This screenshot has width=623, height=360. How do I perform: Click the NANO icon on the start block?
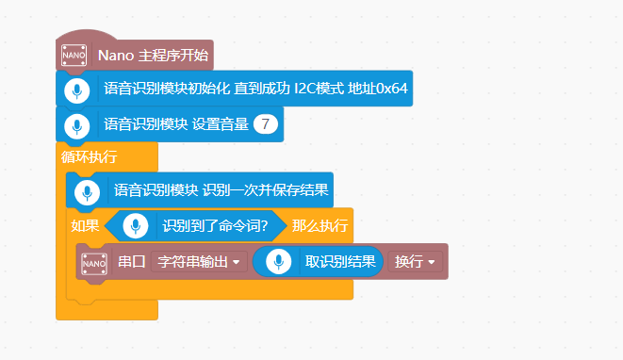[x=74, y=55]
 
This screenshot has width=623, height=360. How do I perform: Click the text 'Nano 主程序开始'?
[x=153, y=55]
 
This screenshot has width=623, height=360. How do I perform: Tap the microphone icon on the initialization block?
[x=76, y=90]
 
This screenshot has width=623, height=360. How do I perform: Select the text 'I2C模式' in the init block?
[x=321, y=90]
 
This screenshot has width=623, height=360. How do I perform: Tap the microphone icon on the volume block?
[x=76, y=124]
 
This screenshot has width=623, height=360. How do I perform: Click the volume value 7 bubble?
[x=266, y=123]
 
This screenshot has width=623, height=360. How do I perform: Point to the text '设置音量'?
[x=221, y=123]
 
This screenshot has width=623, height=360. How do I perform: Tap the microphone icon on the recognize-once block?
[x=87, y=190]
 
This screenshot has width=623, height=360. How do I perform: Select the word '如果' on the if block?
[x=84, y=226]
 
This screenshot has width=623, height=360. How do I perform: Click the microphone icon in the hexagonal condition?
[x=138, y=226]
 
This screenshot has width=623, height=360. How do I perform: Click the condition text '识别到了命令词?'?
[x=216, y=226]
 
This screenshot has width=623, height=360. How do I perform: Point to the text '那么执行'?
[x=320, y=226]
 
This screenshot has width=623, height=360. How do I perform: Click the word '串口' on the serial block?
[x=132, y=261]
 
